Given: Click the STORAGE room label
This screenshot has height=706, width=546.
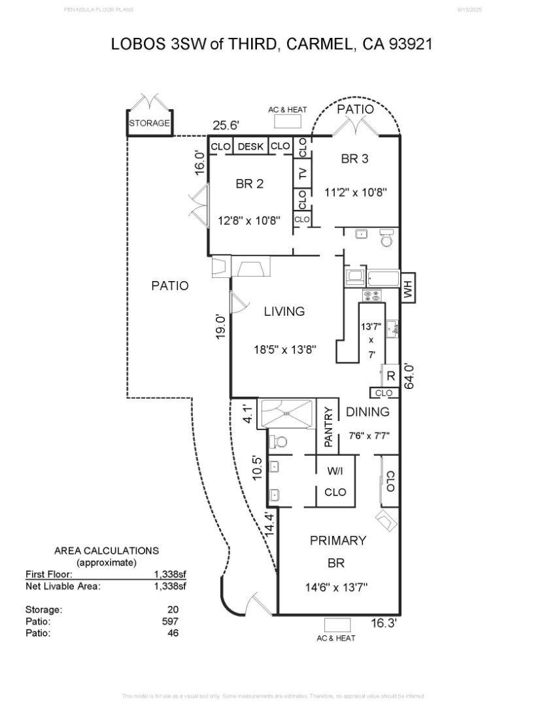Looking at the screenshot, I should [149, 123].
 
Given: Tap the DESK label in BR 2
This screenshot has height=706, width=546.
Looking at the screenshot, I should [250, 146].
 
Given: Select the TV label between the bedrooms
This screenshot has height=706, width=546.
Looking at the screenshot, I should [302, 174].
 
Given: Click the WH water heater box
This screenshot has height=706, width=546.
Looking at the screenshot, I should [408, 288].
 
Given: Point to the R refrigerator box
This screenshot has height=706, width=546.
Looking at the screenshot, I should [390, 376].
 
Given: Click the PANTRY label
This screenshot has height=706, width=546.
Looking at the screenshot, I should [328, 427].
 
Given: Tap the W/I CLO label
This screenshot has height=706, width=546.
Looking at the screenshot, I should [335, 481].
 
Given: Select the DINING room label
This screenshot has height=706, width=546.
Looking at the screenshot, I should [367, 412].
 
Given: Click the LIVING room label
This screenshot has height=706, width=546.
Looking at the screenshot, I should [284, 312].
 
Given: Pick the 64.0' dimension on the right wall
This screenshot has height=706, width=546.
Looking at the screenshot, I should [410, 376].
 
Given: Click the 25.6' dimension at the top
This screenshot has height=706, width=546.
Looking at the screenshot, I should [226, 126].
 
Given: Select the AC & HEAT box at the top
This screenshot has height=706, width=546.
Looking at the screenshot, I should [287, 122].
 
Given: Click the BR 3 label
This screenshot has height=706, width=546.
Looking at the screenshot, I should [356, 159].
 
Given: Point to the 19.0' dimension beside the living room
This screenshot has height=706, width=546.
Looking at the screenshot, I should [221, 327].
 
